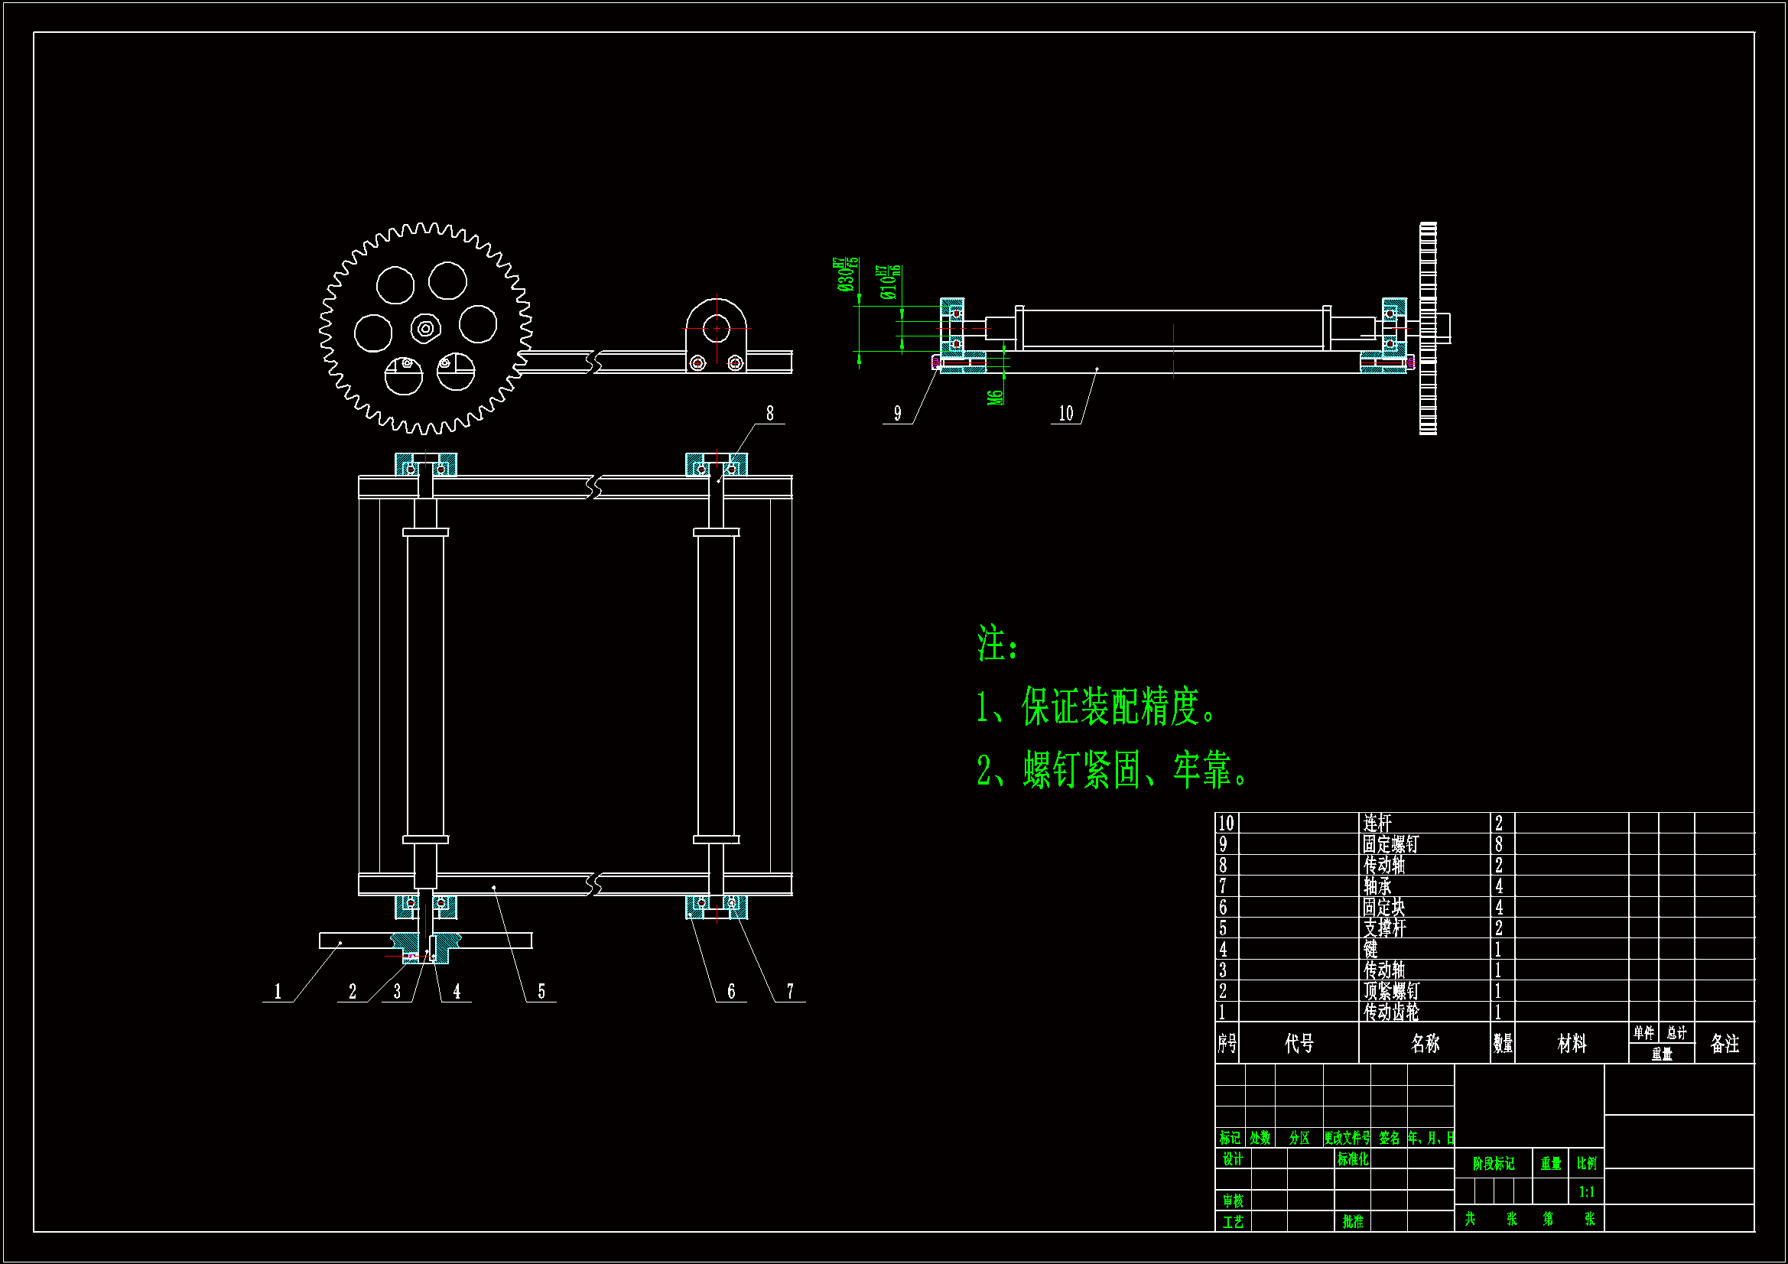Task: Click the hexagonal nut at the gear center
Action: [x=425, y=329]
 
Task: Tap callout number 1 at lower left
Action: [x=278, y=992]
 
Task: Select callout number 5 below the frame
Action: [x=541, y=992]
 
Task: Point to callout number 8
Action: [x=770, y=414]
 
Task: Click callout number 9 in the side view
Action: [x=897, y=414]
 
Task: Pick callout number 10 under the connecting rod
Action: [x=1066, y=414]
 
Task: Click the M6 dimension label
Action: [x=996, y=397]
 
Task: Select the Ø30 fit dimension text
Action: [x=847, y=275]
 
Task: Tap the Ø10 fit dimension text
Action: [x=889, y=282]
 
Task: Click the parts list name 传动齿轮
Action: [x=1391, y=1012]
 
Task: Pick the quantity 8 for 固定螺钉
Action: [x=1499, y=844]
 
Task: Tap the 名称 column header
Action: [x=1425, y=1044]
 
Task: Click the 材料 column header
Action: [x=1572, y=1044]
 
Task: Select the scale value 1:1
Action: [x=1586, y=1191]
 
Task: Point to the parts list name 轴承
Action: [x=1377, y=886]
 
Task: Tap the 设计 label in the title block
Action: [x=1233, y=1160]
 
